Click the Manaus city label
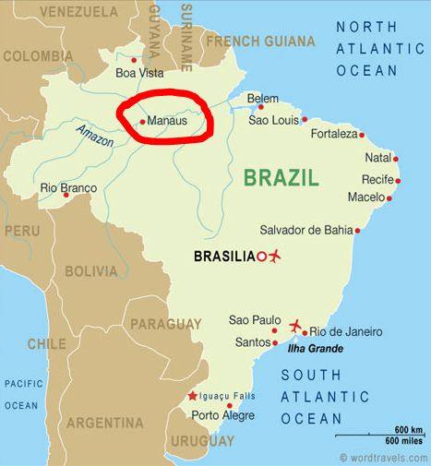click(x=166, y=121)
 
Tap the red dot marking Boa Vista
click(x=134, y=60)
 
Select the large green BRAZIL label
click(x=281, y=177)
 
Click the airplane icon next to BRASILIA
click(x=273, y=256)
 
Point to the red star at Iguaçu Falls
click(x=192, y=396)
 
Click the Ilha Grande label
click(x=314, y=348)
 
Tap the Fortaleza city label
click(x=331, y=135)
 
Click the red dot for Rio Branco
click(x=66, y=195)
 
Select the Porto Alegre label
click(x=218, y=415)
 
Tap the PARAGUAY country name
click(x=165, y=324)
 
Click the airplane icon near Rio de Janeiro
click(x=296, y=326)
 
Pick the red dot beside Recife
click(x=398, y=180)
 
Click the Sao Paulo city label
click(x=252, y=320)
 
